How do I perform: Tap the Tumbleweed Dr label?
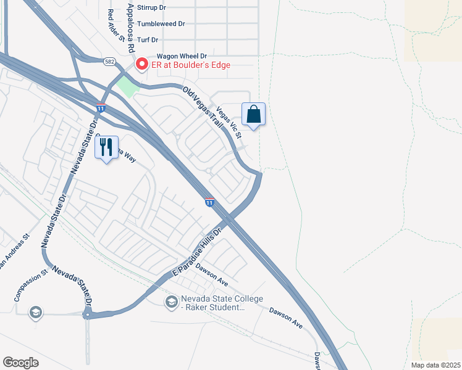161,24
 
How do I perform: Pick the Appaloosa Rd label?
130,27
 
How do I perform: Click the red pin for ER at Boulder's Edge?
142,64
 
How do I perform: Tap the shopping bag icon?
253,114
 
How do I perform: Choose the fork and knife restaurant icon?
106,147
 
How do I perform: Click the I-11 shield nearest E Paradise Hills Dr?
209,202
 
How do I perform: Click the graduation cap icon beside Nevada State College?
171,302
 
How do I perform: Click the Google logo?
21,362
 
